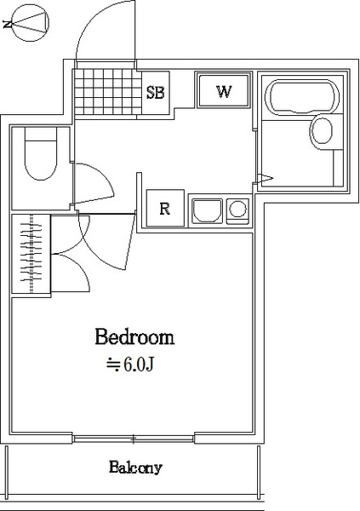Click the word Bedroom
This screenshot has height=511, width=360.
[x=134, y=337]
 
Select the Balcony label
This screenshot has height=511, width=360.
[x=135, y=468]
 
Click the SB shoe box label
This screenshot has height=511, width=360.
[x=156, y=93]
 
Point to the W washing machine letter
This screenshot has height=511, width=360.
[x=224, y=92]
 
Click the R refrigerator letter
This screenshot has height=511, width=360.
[x=165, y=209]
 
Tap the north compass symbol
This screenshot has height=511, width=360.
[x=30, y=23]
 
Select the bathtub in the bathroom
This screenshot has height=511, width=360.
[x=300, y=97]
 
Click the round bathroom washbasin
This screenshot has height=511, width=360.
[x=323, y=131]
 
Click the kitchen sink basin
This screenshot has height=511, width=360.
[x=208, y=211]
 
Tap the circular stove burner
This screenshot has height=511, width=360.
[x=237, y=209]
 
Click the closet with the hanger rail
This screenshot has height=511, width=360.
[x=31, y=254]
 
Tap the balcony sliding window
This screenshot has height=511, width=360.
[x=134, y=439]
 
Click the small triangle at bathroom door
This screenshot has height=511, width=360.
[x=265, y=178]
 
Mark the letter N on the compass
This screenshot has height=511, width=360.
[x=7, y=24]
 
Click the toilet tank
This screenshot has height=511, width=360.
[x=41, y=134]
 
